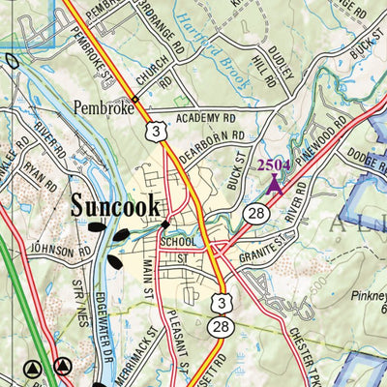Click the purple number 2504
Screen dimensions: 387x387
(274, 165)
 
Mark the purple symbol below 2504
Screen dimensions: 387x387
(274, 184)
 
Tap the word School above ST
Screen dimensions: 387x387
(181, 242)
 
